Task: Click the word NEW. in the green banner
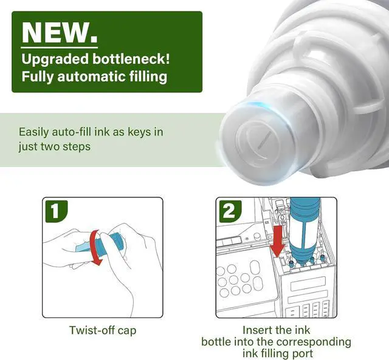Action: pos(60,32)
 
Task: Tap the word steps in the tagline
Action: pos(77,147)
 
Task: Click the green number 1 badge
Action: pos(57,211)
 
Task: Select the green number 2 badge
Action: pos(230,211)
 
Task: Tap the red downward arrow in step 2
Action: pos(278,242)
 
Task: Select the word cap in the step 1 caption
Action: pos(127,331)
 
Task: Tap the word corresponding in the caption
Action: pos(314,342)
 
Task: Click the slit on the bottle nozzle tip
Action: pos(264,141)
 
